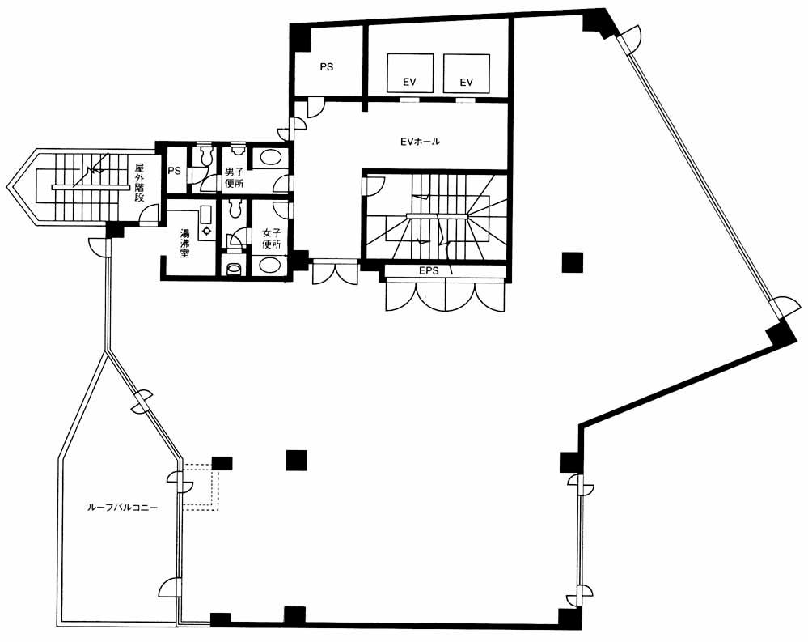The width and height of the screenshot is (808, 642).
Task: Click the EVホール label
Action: [x=421, y=142]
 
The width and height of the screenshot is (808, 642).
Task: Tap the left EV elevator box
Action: [x=410, y=74]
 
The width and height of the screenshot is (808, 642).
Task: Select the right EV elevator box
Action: [x=467, y=74]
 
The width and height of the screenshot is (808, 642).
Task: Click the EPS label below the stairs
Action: [x=429, y=270]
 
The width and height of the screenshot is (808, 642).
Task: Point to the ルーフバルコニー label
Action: [x=121, y=508]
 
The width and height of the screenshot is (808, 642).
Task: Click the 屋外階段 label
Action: [x=139, y=182]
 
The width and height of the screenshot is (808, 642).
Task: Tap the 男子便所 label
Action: [x=234, y=177]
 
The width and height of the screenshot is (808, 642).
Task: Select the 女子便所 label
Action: [x=271, y=239]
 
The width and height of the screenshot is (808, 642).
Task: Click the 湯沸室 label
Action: [x=184, y=243]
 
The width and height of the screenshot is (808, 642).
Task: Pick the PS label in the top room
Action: [x=326, y=66]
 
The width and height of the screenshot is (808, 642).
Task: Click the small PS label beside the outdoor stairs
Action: [x=174, y=170]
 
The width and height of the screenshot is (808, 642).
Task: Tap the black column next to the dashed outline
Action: [x=222, y=463]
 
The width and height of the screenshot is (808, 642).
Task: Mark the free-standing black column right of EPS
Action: [x=573, y=262]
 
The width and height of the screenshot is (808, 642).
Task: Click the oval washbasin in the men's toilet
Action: [x=270, y=157]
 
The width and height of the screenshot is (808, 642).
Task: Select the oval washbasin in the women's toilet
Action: [x=270, y=265]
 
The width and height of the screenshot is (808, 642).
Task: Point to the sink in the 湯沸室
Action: [x=206, y=223]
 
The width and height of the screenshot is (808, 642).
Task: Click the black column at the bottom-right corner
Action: [x=570, y=619]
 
